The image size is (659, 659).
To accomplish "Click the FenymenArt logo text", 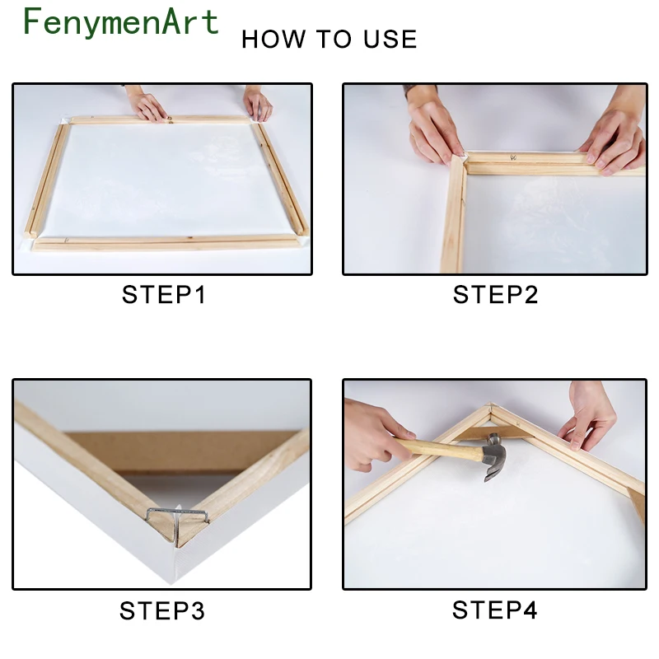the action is (x=121, y=22).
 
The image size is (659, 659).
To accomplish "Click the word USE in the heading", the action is (x=390, y=39).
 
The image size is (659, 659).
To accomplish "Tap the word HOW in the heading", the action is (x=273, y=39).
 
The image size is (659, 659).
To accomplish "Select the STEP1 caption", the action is (x=164, y=294).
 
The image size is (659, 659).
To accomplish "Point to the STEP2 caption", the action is (x=495, y=294).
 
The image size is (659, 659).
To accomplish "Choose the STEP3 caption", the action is (x=162, y=610).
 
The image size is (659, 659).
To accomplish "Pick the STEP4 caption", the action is (x=495, y=610).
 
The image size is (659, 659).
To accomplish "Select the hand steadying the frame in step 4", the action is (x=587, y=416).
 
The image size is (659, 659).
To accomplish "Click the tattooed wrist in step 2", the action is (x=420, y=91).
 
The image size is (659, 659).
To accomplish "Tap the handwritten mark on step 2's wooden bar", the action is (x=513, y=157).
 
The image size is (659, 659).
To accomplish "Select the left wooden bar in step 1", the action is (x=46, y=180).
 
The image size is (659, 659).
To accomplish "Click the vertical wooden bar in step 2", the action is (x=454, y=214).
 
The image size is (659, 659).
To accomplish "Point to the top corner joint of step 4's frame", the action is (x=490, y=407).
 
